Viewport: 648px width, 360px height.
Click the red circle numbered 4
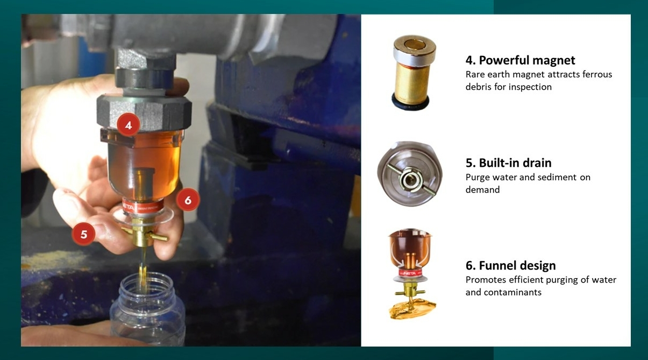(129, 125)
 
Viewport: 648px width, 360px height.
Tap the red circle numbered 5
(83, 234)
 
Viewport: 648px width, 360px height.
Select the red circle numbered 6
(188, 200)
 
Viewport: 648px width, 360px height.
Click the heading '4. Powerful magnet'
(520, 60)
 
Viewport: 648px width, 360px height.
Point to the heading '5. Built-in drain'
(508, 163)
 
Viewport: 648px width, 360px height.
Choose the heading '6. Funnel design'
(510, 265)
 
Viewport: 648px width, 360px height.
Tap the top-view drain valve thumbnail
(410, 174)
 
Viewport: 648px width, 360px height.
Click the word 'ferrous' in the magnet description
(597, 74)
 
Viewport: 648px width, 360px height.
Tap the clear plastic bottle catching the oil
(147, 309)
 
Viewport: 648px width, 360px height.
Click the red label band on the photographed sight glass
(143, 206)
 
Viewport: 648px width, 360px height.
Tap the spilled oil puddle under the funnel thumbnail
(412, 309)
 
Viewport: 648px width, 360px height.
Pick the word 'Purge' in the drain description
(478, 178)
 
